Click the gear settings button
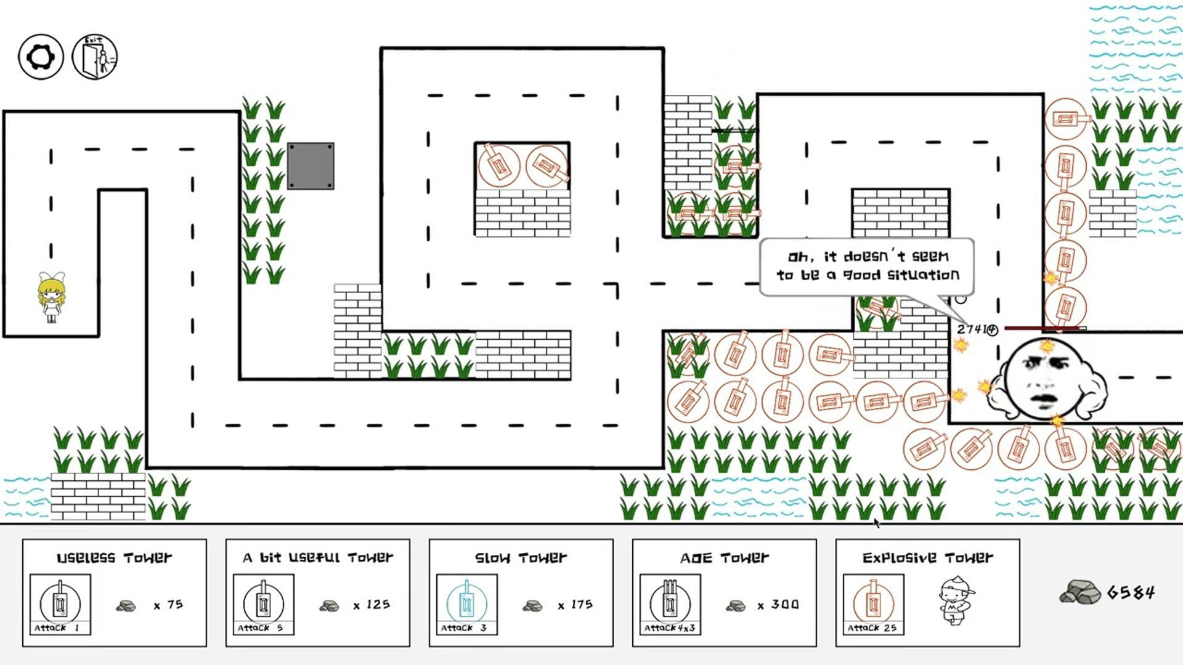click(x=41, y=57)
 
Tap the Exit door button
click(x=95, y=57)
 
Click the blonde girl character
click(x=51, y=297)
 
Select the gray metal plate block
click(x=311, y=166)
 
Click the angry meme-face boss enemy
click(x=1046, y=379)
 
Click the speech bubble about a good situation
click(x=867, y=267)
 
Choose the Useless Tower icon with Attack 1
click(x=60, y=604)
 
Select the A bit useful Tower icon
click(x=264, y=604)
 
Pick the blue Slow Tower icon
click(x=467, y=604)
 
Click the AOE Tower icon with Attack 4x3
click(x=670, y=604)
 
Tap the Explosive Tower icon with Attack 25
click(x=874, y=604)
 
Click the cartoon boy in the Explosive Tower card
click(x=956, y=600)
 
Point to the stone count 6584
click(x=1131, y=592)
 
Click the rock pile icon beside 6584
click(x=1080, y=592)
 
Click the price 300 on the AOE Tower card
click(x=785, y=605)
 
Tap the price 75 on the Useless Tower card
click(x=175, y=605)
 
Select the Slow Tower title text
click(x=521, y=558)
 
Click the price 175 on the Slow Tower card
click(x=582, y=605)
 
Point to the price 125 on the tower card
click(x=378, y=605)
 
